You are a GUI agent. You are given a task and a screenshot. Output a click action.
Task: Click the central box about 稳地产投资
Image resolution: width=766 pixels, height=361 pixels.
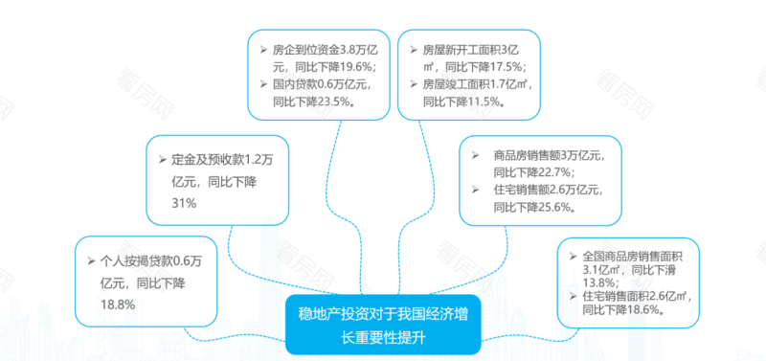383,326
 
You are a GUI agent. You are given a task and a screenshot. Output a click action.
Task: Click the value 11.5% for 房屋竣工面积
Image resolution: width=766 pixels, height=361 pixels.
484,101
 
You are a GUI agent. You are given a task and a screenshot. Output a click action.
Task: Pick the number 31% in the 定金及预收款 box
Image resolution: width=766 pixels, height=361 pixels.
184,202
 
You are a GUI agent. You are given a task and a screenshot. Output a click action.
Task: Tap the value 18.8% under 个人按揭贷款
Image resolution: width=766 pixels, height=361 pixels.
117,304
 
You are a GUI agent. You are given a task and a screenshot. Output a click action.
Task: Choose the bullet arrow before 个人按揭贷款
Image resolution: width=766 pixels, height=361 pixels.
90,260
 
